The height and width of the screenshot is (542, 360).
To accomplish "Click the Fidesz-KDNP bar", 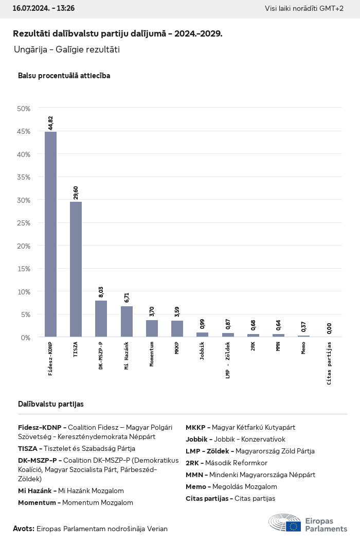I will (x=50, y=234).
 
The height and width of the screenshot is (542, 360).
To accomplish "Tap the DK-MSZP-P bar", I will (x=101, y=319).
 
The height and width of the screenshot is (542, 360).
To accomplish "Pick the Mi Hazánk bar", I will (x=127, y=322).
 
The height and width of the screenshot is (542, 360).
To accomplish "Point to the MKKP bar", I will (x=177, y=329).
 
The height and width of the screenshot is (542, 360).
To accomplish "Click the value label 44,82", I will (x=50, y=123).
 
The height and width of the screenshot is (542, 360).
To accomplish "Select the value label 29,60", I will (x=76, y=192).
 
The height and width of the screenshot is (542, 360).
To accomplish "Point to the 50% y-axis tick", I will (x=24, y=109).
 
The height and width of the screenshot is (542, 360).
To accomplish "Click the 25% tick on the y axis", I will (x=24, y=223).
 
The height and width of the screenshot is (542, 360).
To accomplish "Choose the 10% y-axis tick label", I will (x=24, y=291).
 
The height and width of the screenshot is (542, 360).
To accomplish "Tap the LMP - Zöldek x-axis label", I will (x=228, y=363).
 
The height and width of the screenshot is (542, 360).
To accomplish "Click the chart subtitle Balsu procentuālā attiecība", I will (x=64, y=76).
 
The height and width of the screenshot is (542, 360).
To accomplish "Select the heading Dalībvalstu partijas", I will (x=51, y=404).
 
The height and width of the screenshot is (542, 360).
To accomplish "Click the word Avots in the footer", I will (x=24, y=529).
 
